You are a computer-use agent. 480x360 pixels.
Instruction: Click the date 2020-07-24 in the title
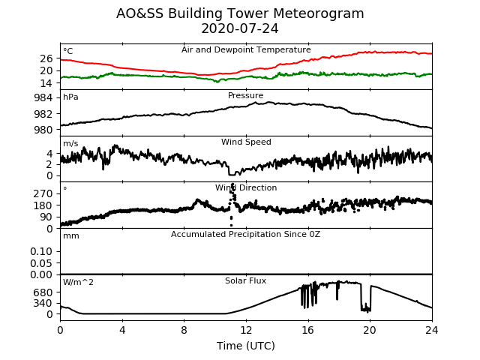(240, 28)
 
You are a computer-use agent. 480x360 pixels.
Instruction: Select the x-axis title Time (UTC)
(246, 346)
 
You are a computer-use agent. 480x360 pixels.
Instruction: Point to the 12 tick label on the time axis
(246, 330)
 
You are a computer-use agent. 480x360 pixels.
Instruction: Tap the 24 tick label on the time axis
(432, 330)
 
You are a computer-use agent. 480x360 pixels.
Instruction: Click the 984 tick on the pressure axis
(43, 98)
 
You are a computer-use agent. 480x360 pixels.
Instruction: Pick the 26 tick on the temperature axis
(46, 58)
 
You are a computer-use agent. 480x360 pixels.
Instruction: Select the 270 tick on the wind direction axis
(43, 193)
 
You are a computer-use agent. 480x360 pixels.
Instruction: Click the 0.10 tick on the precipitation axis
(41, 252)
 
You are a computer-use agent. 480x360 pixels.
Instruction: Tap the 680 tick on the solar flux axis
(43, 292)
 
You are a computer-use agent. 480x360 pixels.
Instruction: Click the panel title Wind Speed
(246, 142)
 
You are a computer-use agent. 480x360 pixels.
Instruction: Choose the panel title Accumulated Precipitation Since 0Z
(245, 235)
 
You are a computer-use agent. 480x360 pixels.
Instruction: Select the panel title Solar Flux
(245, 280)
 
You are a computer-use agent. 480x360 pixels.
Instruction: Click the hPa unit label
(70, 97)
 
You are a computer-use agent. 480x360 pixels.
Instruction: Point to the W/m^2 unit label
(78, 282)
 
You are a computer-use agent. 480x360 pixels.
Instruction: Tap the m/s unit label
(70, 143)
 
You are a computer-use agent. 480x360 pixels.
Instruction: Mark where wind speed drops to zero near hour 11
(232, 175)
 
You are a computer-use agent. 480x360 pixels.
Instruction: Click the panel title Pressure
(245, 95)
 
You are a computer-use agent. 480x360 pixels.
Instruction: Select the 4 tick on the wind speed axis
(49, 153)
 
